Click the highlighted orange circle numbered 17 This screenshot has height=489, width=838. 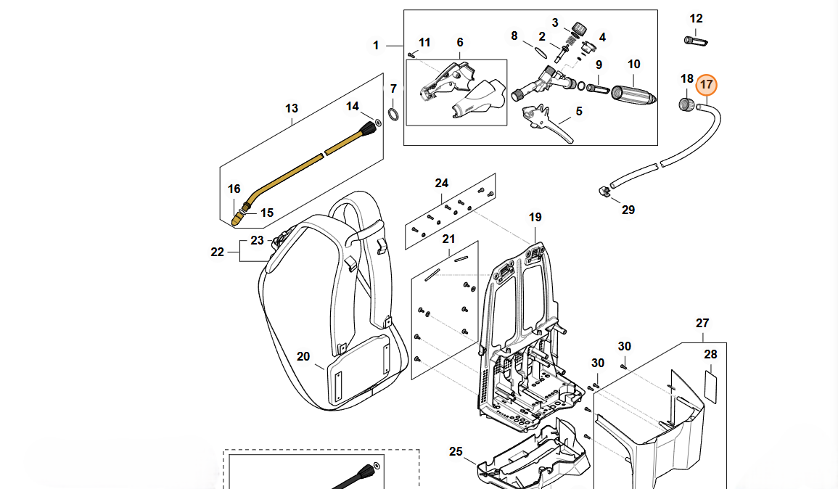(x=706, y=85)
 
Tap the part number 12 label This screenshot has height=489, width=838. (x=696, y=19)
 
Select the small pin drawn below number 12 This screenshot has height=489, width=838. (x=695, y=40)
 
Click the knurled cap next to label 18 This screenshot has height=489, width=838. (x=684, y=104)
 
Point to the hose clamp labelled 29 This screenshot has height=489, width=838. (x=604, y=191)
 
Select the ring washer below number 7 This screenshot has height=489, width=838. (x=393, y=113)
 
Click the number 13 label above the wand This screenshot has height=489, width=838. (x=291, y=109)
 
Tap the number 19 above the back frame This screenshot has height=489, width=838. (x=535, y=217)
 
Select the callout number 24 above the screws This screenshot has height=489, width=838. (x=442, y=183)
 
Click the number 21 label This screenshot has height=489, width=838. (x=448, y=239)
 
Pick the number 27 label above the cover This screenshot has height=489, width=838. (x=702, y=324)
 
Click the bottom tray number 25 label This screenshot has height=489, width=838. (x=455, y=452)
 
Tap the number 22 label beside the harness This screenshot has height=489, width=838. (x=218, y=252)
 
